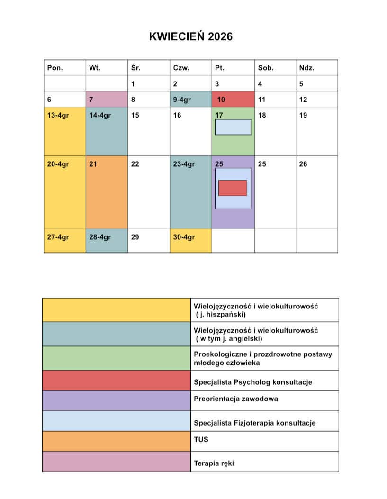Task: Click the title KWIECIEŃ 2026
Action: click(191, 36)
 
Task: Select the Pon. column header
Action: click(55, 68)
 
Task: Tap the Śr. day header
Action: click(135, 68)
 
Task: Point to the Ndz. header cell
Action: click(306, 68)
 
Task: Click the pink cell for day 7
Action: click(107, 100)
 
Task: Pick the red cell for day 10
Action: click(233, 100)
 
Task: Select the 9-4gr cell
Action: click(190, 100)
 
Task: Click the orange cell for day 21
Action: click(107, 192)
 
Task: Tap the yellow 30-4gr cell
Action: click(190, 241)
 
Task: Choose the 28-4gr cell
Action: click(107, 241)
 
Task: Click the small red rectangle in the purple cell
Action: click(233, 188)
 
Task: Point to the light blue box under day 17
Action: click(233, 127)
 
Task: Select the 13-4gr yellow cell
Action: click(65, 131)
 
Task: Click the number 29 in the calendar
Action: click(135, 237)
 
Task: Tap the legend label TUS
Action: click(201, 439)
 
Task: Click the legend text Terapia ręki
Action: click(214, 463)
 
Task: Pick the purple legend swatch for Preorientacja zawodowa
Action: click(116, 400)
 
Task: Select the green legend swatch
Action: click(116, 358)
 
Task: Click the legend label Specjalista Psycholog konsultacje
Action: click(253, 381)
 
